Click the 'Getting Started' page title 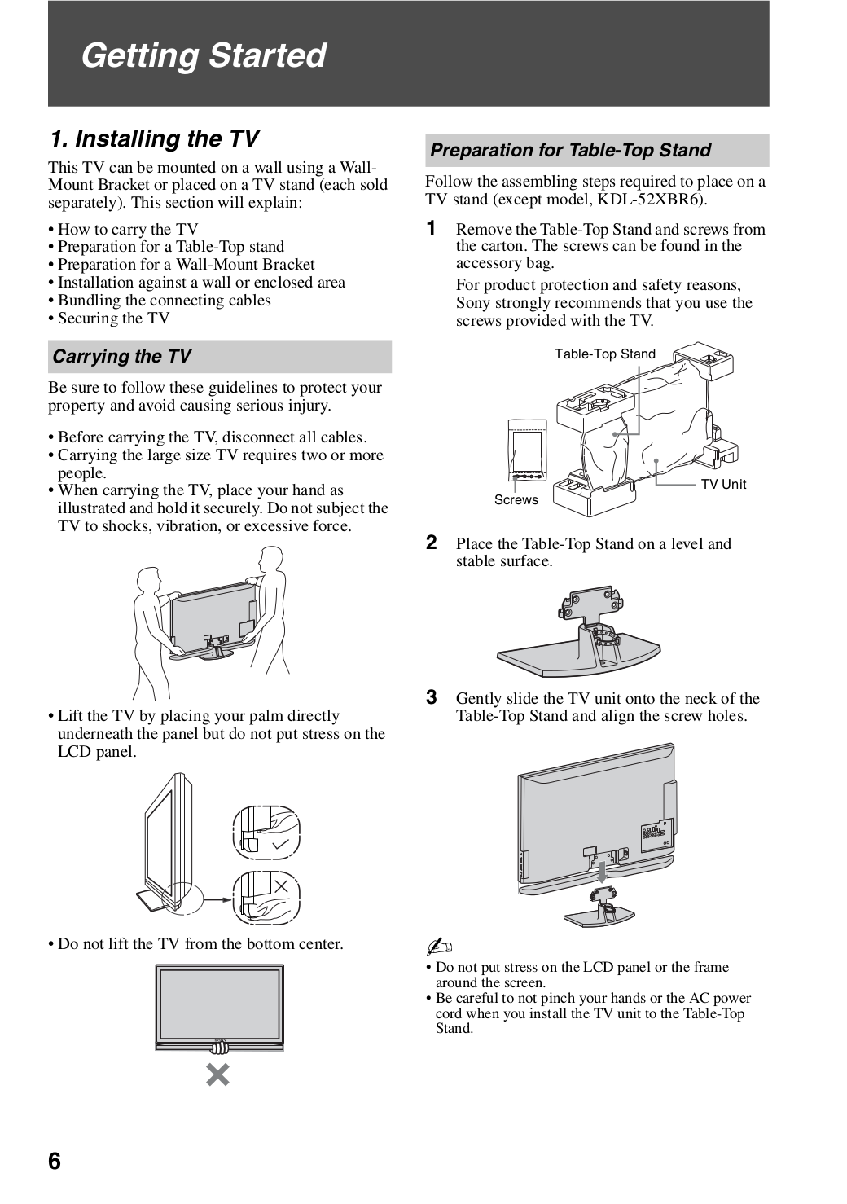(x=204, y=55)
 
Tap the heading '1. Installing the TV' (x=155, y=139)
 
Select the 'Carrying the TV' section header (x=122, y=357)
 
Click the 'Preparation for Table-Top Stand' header (x=570, y=151)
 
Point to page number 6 (x=55, y=1161)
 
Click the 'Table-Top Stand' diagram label (x=604, y=354)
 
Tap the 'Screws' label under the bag (x=516, y=500)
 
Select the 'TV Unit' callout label (x=723, y=485)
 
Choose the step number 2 (x=432, y=542)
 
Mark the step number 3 (x=432, y=696)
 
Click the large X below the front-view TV (x=217, y=1074)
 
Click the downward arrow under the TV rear (x=601, y=873)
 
